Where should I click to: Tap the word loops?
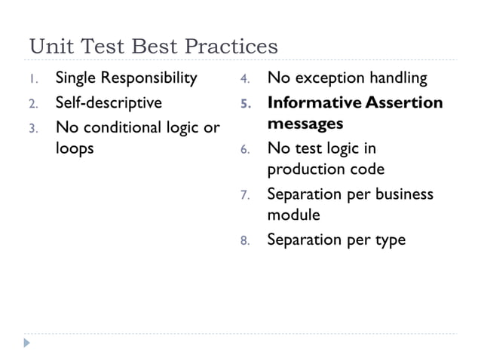[x=75, y=148]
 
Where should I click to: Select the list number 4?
[x=245, y=79]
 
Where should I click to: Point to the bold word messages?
[x=305, y=123]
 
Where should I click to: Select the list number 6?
[x=245, y=149]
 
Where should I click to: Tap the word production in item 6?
[x=308, y=169]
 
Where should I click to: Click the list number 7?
[x=245, y=195]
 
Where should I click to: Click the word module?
[x=293, y=215]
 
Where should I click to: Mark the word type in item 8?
[x=388, y=241]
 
